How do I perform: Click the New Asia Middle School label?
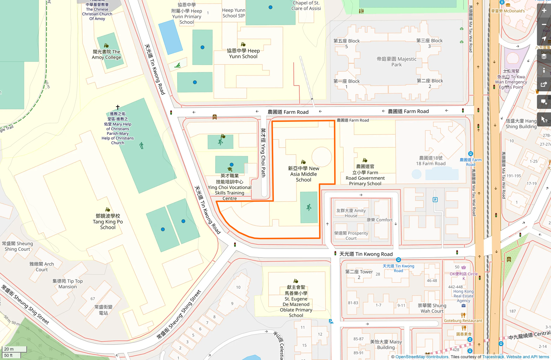304,174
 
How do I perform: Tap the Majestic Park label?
397,62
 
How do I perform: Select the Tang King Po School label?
108,222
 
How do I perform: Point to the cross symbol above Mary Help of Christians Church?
118,107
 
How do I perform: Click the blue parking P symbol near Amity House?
435,200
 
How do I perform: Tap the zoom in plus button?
544,11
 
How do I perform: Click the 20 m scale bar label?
9,349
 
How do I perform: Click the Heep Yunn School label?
243,54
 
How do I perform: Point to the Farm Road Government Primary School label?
365,175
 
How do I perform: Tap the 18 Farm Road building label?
431,161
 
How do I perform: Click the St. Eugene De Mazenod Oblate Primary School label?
296,301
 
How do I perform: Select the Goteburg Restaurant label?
463,320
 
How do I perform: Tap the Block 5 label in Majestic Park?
347,44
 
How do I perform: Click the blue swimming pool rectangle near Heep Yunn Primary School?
170,37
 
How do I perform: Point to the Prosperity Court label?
351,236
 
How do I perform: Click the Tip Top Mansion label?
68,284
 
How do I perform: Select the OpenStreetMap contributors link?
422,357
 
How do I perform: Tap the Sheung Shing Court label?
18,246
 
